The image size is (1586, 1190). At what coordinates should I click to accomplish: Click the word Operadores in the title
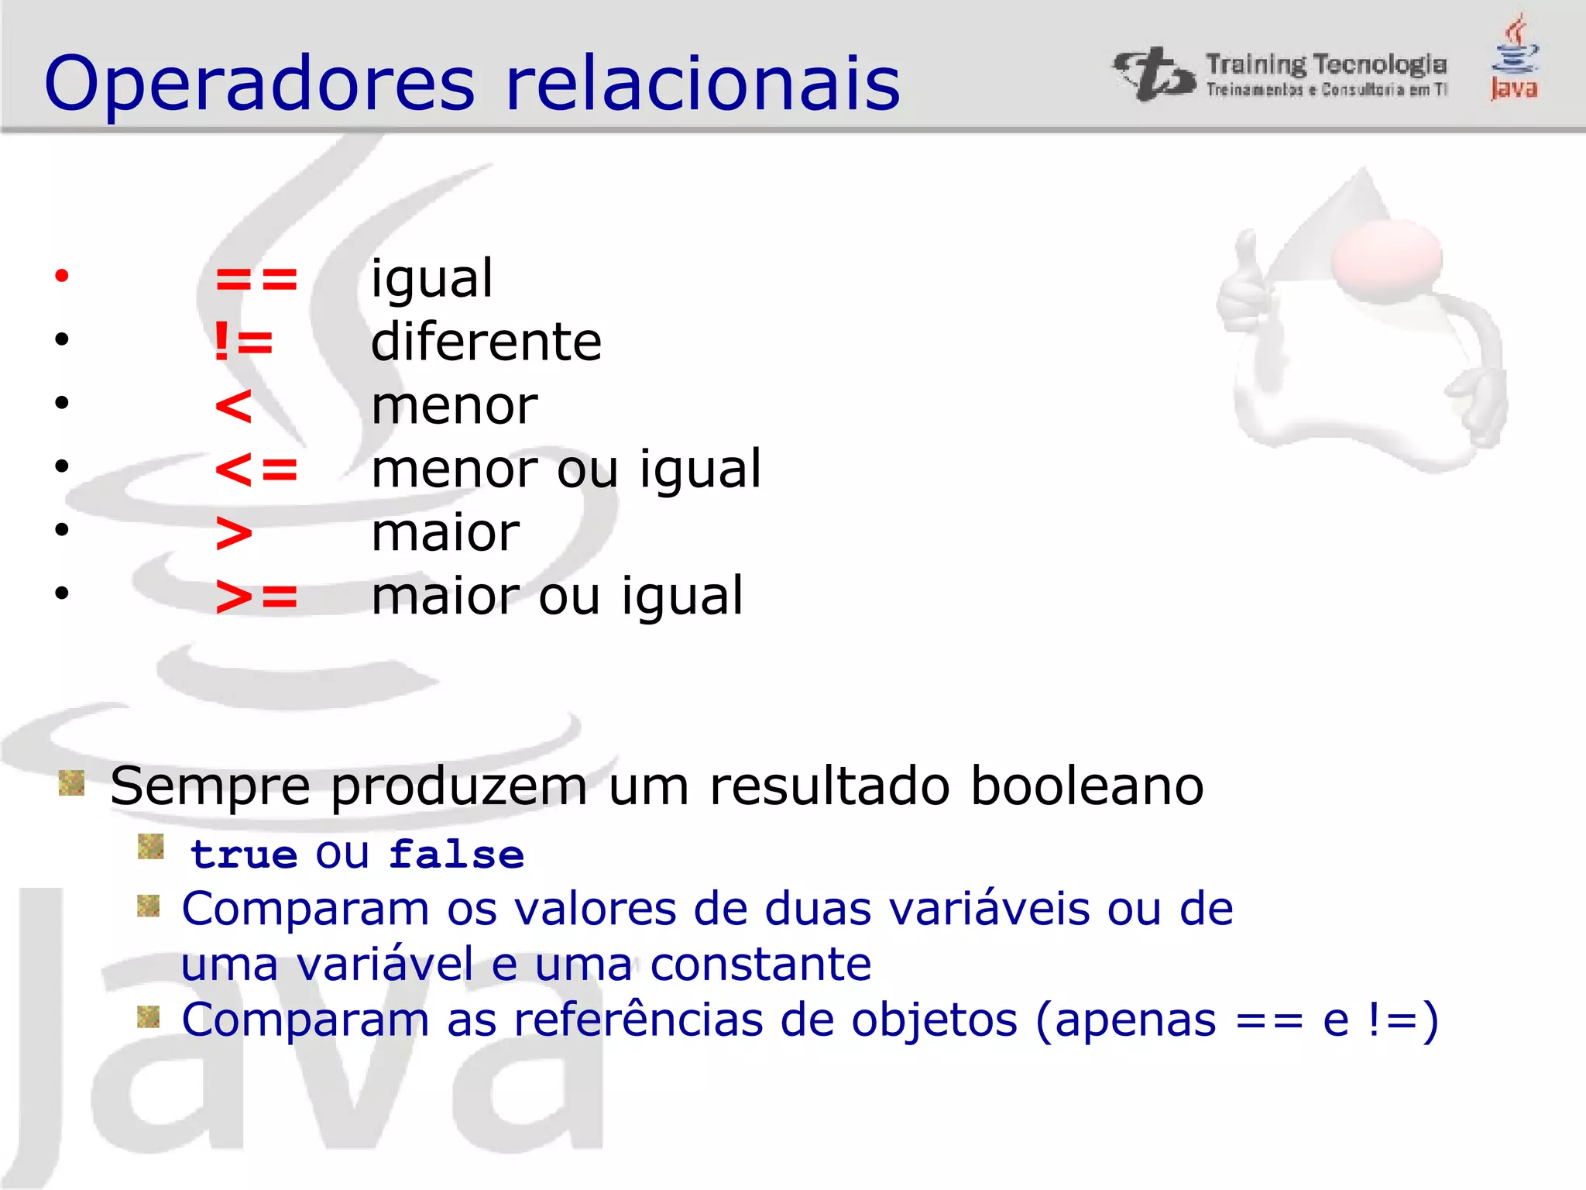259,84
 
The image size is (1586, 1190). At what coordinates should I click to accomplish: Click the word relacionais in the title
702,84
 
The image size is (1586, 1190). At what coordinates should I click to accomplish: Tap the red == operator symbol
256,279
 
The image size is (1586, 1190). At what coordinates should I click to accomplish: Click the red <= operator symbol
256,469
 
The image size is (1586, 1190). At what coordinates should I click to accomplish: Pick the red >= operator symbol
256,597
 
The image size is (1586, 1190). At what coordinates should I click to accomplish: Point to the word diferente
486,342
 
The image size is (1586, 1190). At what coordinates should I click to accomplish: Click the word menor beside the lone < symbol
454,406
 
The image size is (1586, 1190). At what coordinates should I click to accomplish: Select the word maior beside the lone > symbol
445,533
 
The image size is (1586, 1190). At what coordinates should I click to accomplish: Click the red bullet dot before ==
62,276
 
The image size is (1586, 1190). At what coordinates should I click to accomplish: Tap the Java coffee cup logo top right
1515,57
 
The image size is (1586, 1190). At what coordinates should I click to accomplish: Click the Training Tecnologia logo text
1326,65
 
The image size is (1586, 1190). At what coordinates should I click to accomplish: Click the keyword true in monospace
244,855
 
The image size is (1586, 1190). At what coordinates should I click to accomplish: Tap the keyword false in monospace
456,855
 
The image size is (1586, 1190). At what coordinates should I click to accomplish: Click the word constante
760,965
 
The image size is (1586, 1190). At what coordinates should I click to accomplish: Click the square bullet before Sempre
72,782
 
